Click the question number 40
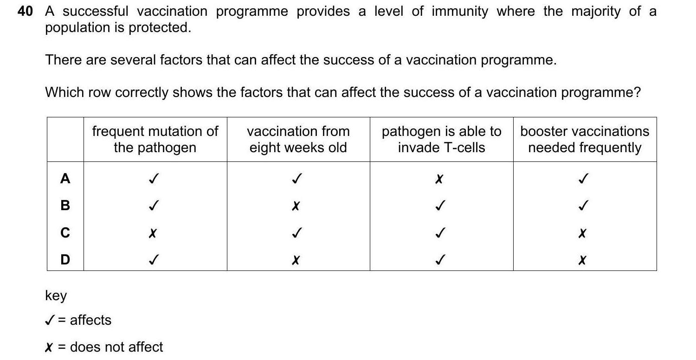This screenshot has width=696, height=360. tap(25, 12)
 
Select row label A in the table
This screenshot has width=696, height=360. tap(65, 178)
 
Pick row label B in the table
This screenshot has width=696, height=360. tap(65, 205)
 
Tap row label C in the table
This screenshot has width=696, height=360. tap(65, 232)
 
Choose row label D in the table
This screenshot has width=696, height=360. tap(65, 259)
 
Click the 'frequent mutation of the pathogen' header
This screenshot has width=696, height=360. tap(155, 139)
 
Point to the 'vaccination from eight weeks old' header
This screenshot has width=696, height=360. tap(298, 139)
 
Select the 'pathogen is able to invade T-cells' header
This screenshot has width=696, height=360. tap(441, 139)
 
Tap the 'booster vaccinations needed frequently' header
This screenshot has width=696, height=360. tap(584, 139)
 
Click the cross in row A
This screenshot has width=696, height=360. tap(438, 179)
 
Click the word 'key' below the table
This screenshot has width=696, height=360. tap(56, 296)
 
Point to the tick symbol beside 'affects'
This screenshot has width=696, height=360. tap(50, 320)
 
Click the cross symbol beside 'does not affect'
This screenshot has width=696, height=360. tap(48, 347)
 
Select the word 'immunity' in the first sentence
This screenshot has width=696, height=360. tap(459, 12)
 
